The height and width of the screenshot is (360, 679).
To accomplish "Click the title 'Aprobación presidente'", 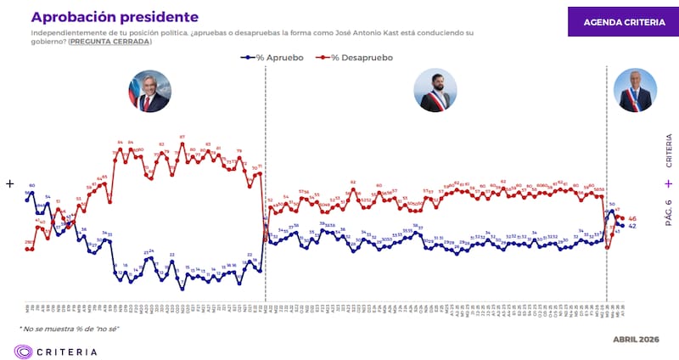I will click(115, 17).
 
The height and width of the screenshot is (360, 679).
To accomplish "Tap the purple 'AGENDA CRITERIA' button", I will click(624, 22).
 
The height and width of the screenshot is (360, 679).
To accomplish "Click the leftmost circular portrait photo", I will click(149, 92).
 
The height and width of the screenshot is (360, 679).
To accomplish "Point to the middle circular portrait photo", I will click(435, 91).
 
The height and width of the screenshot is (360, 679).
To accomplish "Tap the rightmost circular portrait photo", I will click(636, 91).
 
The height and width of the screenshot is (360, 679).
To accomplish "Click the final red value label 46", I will click(632, 219).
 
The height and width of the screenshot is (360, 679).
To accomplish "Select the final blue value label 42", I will click(632, 227).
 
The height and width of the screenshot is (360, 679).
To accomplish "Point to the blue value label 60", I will click(31, 185).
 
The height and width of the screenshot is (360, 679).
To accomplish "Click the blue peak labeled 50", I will click(612, 204).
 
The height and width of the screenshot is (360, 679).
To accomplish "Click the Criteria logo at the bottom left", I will click(56, 351).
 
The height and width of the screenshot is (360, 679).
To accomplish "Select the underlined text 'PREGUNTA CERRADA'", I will click(109, 42).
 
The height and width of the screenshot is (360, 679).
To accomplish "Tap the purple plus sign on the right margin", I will click(668, 183).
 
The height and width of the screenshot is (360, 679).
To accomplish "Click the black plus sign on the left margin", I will click(10, 183).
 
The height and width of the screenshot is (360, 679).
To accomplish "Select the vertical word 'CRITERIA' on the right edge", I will click(668, 151).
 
